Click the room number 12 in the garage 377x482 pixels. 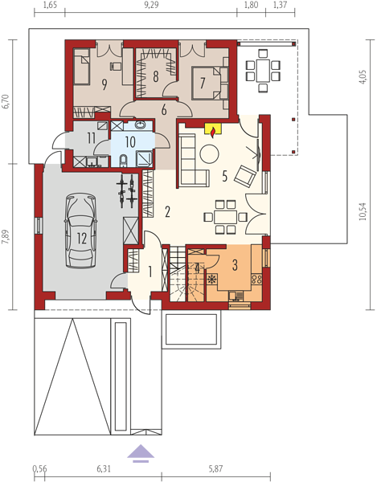82,239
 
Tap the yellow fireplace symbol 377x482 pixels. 213,130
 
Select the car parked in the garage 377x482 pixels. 80,231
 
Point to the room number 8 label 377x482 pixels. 156,76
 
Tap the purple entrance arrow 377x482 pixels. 141,453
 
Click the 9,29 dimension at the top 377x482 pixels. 151,6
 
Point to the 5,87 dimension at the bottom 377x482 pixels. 215,469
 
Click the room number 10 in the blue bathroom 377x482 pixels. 130,142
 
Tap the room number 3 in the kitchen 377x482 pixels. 235,265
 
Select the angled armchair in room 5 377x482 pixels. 245,176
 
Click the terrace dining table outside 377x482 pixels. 263,71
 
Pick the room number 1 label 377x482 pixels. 150,272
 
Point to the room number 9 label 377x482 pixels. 104,85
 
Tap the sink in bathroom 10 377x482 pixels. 141,125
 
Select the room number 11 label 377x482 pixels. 91,138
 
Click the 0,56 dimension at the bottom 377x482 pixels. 39,469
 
